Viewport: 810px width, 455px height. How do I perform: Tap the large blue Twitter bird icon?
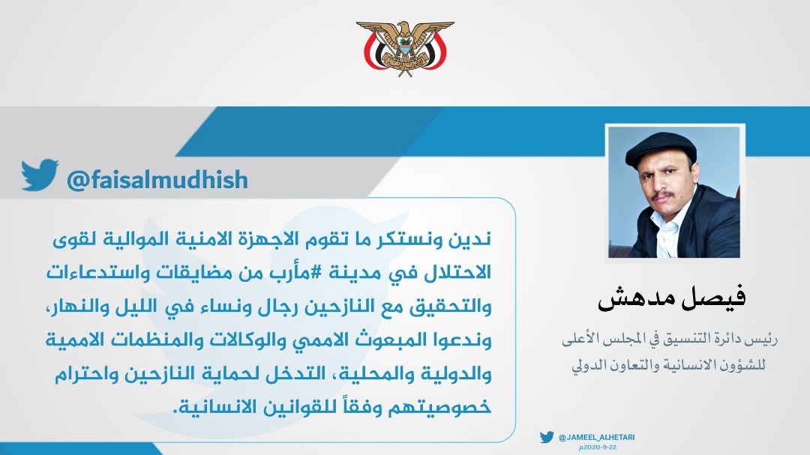pos(40,175)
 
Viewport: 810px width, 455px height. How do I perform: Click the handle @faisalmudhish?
pos(157,180)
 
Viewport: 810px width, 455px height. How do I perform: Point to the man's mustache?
pos(663,195)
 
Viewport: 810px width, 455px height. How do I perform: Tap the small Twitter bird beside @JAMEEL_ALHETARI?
pos(547,437)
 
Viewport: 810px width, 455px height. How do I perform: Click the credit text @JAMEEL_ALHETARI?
pos(597,438)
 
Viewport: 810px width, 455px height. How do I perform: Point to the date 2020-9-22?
pos(598,448)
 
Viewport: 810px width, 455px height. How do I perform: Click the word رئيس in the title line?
pos(764,339)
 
